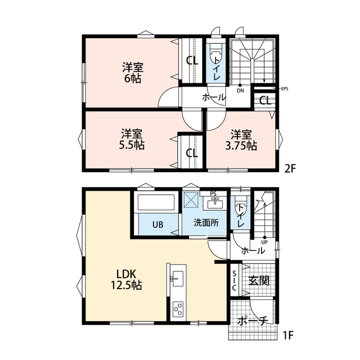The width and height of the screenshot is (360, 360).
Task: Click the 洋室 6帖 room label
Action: (x=133, y=73)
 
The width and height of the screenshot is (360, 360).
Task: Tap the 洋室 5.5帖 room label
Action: (x=132, y=139)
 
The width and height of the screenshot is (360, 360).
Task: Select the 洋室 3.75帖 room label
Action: (x=241, y=140)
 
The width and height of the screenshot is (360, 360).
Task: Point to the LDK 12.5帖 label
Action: (x=127, y=280)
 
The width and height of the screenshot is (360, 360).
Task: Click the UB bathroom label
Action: (x=158, y=224)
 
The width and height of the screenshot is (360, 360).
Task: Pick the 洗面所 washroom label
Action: (x=206, y=223)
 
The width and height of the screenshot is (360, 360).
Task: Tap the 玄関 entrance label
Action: (x=259, y=280)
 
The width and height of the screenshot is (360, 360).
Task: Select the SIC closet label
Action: (x=234, y=281)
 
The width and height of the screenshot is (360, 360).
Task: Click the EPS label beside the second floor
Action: (x=285, y=89)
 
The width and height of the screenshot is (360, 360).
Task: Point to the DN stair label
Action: (x=240, y=91)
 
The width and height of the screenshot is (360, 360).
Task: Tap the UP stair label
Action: (x=264, y=242)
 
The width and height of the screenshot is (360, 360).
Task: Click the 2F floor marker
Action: (x=290, y=169)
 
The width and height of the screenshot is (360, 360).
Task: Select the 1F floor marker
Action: (x=288, y=335)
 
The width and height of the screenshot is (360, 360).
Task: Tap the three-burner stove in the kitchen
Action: (x=178, y=309)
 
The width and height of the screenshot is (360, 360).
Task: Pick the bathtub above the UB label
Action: (x=156, y=202)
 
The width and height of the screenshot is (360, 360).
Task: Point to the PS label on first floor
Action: (x=213, y=194)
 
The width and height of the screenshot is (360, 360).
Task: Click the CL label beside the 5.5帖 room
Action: (x=192, y=153)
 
